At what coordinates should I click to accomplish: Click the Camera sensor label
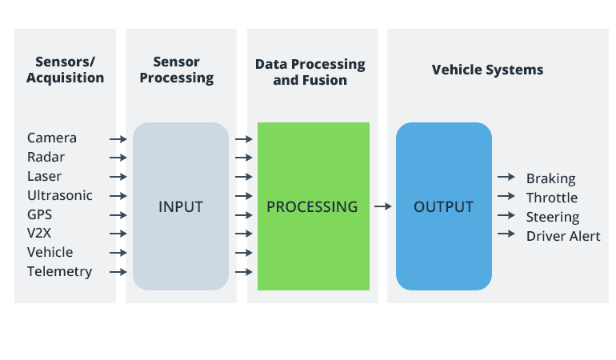click(x=52, y=138)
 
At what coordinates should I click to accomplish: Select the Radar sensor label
click(x=46, y=158)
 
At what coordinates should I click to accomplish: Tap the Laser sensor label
click(x=45, y=177)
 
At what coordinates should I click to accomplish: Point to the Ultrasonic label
click(x=60, y=195)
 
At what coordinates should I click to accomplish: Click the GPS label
click(x=41, y=214)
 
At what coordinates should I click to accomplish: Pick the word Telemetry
click(x=60, y=271)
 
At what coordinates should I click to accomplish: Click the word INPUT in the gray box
click(x=181, y=206)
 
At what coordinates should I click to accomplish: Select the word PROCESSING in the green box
click(x=312, y=206)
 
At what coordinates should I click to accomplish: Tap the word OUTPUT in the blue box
click(x=443, y=206)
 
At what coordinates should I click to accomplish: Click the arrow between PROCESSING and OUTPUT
click(x=382, y=206)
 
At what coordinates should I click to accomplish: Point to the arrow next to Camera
click(x=118, y=139)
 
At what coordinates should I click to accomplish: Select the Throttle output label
click(x=552, y=198)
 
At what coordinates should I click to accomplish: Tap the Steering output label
click(x=553, y=217)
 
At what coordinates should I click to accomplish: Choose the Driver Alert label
click(x=563, y=236)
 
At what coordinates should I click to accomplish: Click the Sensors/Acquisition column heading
click(x=65, y=70)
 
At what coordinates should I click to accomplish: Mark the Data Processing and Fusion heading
click(x=310, y=72)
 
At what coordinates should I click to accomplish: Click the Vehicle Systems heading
click(x=487, y=70)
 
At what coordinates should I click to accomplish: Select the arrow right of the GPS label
click(x=118, y=214)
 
